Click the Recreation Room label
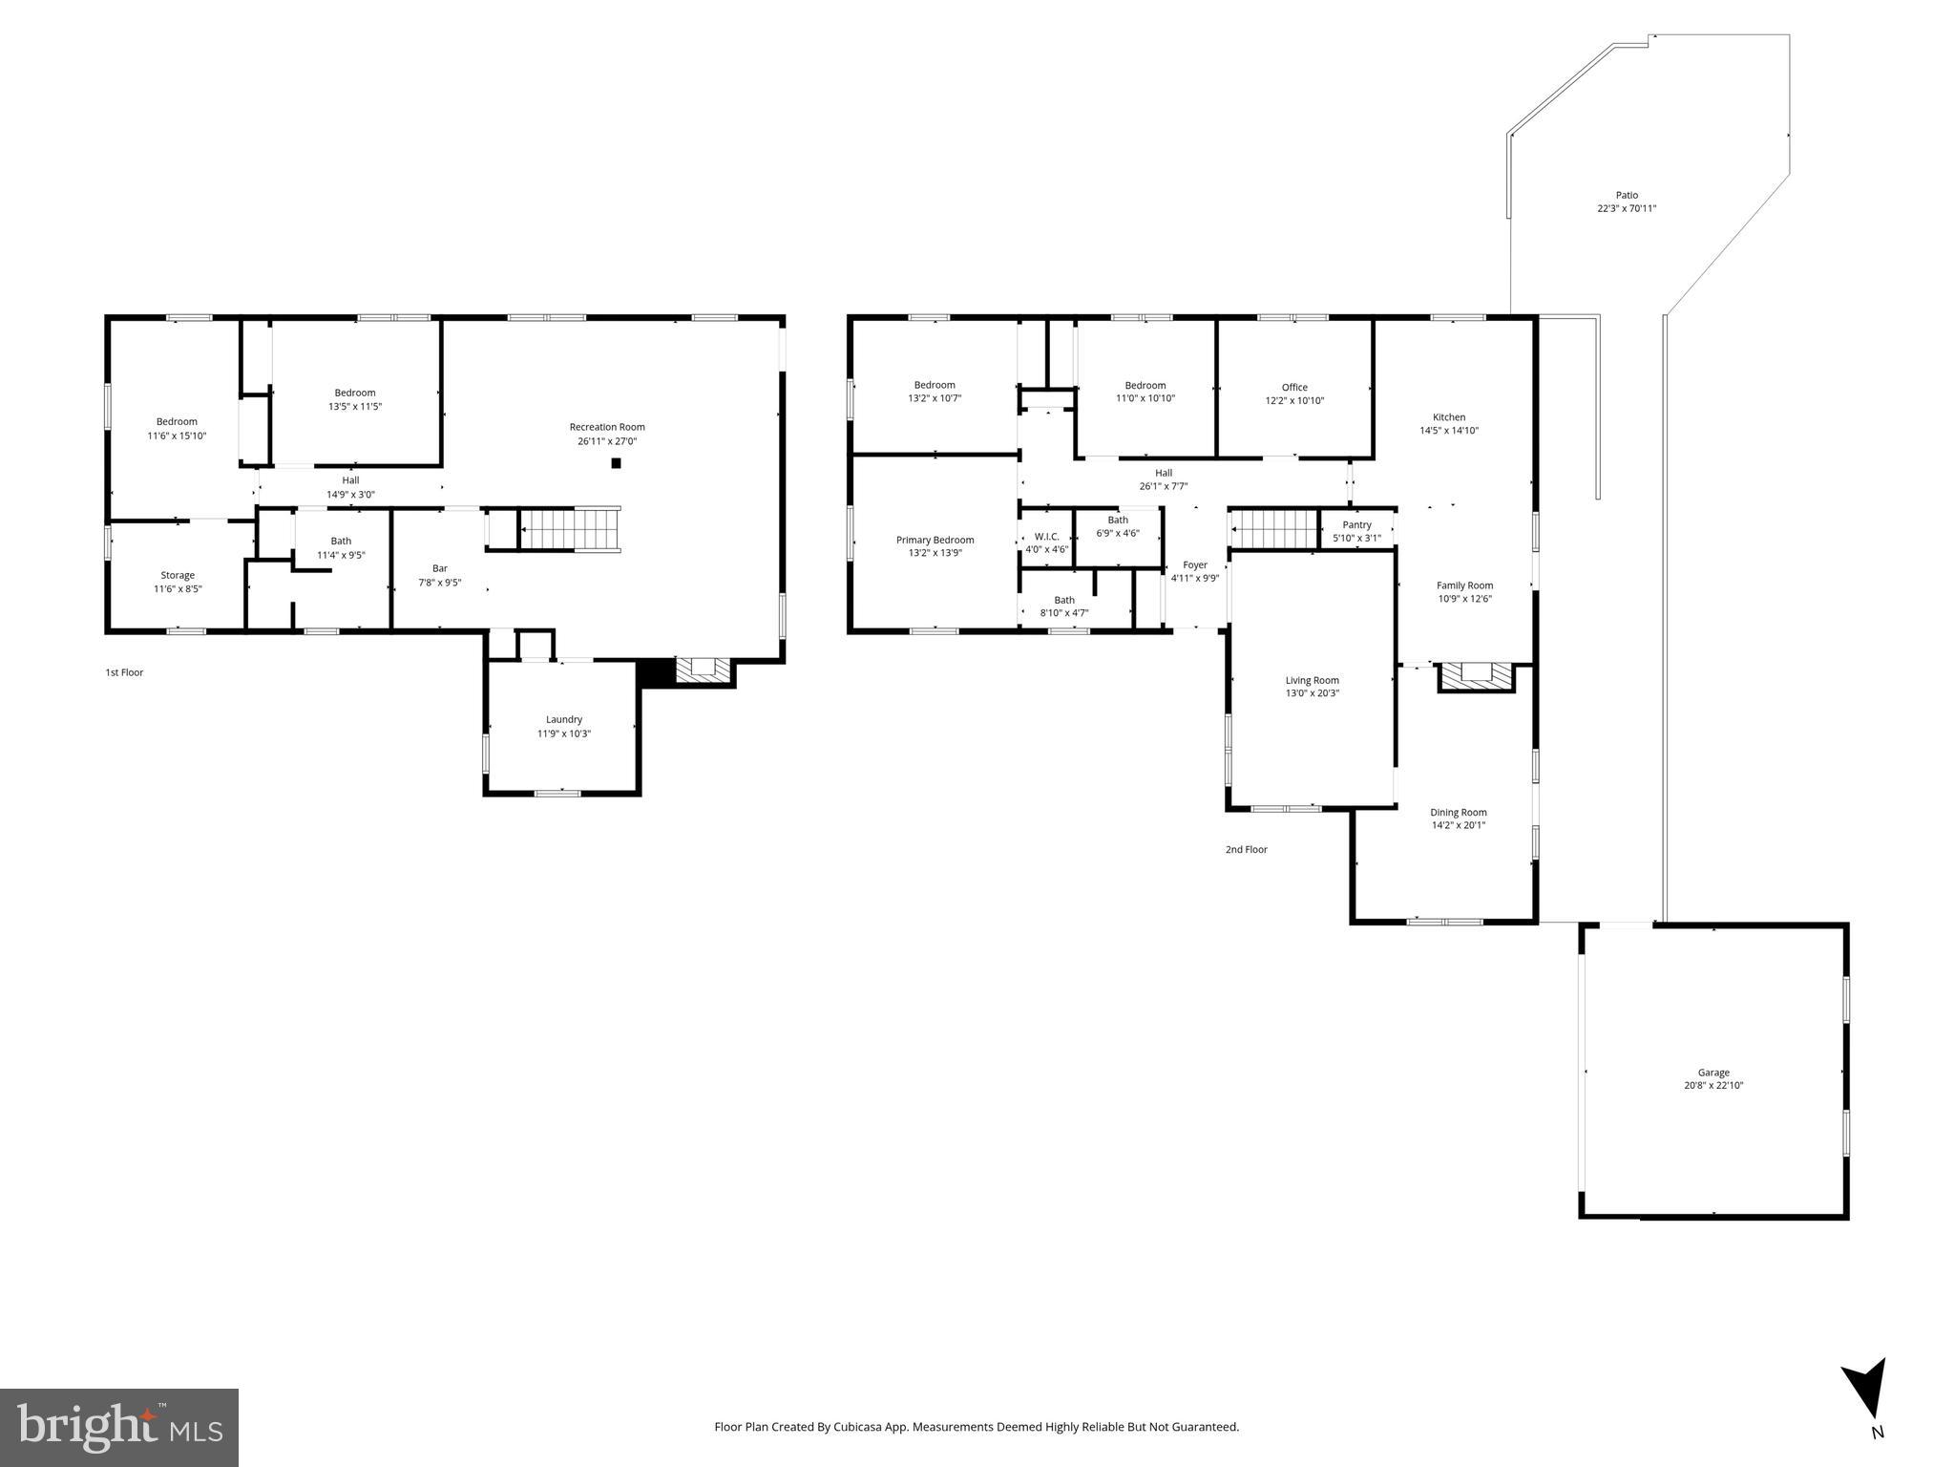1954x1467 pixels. coord(607,427)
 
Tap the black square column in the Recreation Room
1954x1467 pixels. coord(616,463)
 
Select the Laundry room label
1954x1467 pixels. coord(564,719)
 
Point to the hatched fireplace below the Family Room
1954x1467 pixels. coord(1476,675)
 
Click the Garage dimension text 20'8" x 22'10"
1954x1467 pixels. coord(1713,1085)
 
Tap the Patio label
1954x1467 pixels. coord(1627,195)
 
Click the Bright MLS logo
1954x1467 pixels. coord(119,1427)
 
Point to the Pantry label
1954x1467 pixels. coord(1356,524)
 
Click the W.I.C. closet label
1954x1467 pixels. coord(1046,536)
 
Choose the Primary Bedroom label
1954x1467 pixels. coord(935,540)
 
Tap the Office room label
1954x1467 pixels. coord(1294,387)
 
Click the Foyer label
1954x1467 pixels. coord(1195,564)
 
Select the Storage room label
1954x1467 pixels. coord(178,575)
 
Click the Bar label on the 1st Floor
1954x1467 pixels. coord(439,568)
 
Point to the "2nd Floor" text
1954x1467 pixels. coord(1247,849)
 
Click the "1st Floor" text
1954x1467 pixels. coord(124,672)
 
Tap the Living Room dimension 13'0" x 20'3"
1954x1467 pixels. coord(1312,693)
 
